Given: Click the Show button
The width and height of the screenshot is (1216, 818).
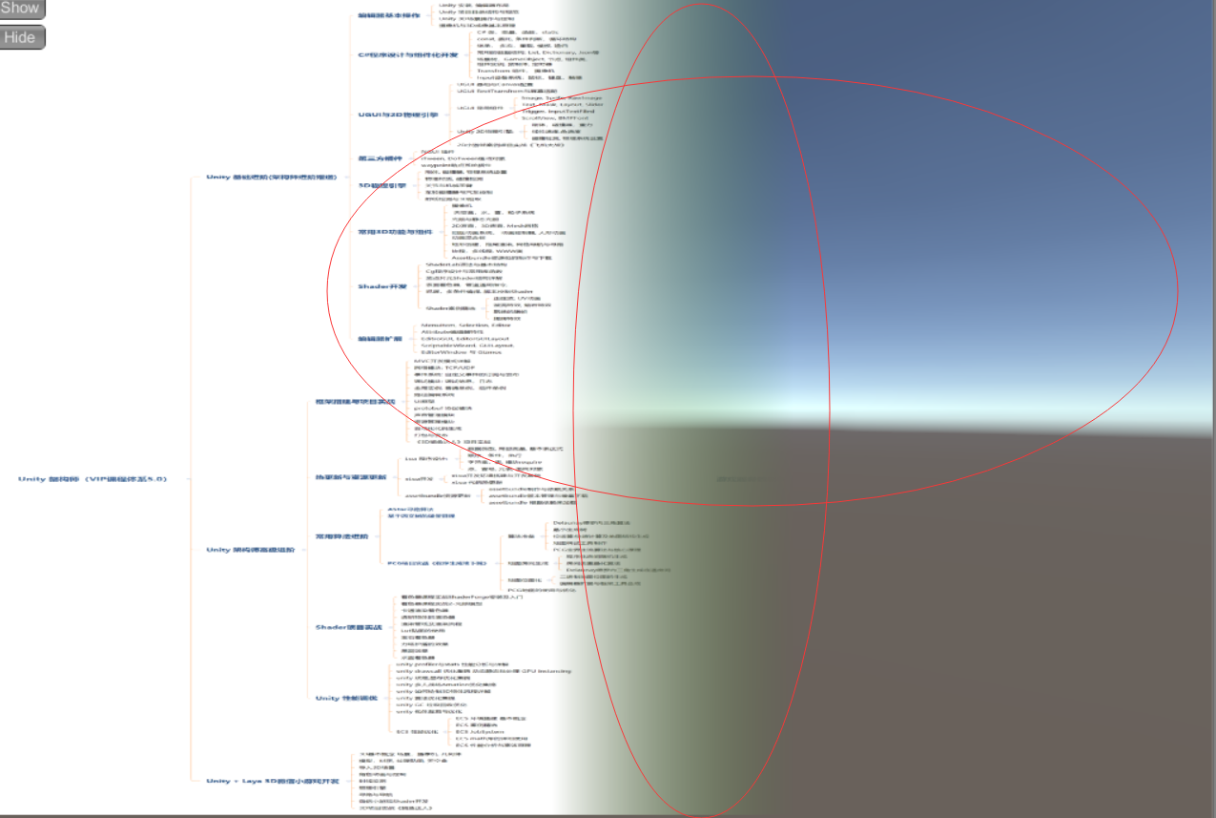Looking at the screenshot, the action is tap(20, 9).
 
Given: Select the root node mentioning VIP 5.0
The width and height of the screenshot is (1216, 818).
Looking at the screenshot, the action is tap(93, 479).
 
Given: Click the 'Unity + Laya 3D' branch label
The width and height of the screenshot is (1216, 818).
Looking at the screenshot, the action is tap(260, 781).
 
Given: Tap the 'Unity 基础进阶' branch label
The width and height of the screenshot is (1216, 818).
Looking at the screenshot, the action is tap(271, 178).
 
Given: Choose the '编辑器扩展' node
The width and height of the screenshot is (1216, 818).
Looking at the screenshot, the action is tap(380, 339).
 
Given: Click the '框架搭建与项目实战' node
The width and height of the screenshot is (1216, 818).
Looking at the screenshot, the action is tap(355, 402).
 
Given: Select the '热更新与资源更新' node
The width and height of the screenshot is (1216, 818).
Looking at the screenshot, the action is tap(350, 476).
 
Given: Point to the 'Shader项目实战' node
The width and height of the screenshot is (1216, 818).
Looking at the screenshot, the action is tap(348, 627).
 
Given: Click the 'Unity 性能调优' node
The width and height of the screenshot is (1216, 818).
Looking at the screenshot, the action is tap(340, 698).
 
